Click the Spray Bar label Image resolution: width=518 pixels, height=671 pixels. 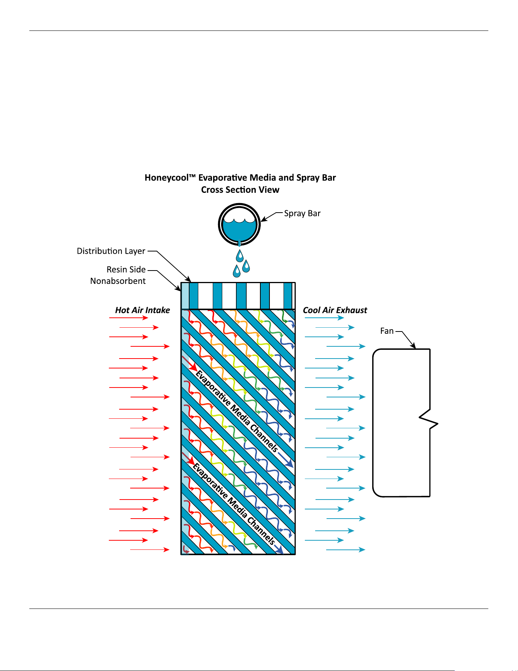(302, 213)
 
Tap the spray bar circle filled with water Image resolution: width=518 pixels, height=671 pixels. (239, 224)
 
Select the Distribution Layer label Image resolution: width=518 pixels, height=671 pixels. (111, 251)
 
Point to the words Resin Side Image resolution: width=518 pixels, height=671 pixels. (126, 269)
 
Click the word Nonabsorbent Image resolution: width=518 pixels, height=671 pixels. (118, 281)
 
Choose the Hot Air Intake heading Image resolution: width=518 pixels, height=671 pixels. (143, 310)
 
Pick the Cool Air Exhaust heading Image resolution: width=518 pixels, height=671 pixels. (335, 310)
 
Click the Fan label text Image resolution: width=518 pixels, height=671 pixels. (387, 331)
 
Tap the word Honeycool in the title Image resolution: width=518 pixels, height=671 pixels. (167, 178)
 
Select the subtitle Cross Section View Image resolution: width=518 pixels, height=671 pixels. (240, 190)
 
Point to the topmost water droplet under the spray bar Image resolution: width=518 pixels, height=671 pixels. (239, 256)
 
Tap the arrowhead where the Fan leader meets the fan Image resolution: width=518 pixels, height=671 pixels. (413, 346)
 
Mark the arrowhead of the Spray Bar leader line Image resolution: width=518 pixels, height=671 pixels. (264, 219)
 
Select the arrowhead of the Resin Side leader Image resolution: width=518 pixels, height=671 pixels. (179, 288)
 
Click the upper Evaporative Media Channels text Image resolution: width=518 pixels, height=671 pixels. (237, 412)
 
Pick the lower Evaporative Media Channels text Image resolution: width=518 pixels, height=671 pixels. (234, 504)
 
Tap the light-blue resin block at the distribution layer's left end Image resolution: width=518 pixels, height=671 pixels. (185, 296)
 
